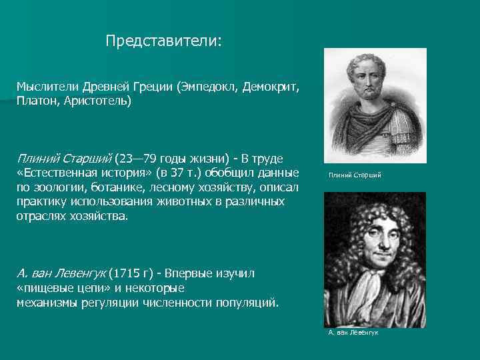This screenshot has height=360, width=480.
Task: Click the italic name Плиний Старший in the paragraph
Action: (64, 159)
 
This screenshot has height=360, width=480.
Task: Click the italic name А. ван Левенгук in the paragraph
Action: (60, 273)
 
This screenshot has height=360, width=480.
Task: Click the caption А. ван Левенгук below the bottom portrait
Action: (353, 332)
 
